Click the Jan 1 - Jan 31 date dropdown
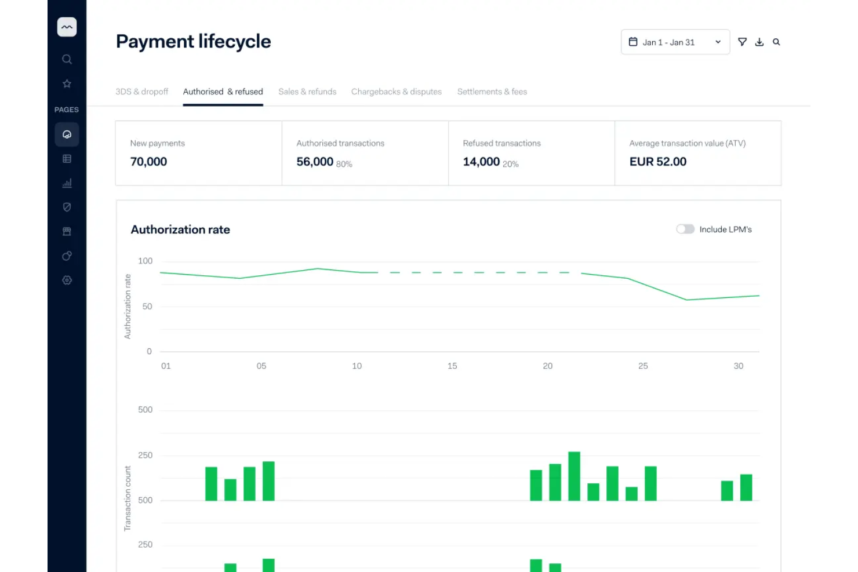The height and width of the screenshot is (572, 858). click(x=675, y=42)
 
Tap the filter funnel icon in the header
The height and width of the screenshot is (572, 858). click(x=742, y=42)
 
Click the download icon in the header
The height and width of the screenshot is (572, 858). click(x=759, y=42)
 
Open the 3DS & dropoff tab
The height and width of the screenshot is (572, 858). click(x=141, y=92)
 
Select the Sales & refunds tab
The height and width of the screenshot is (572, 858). click(x=307, y=92)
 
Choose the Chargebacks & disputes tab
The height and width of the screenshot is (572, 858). click(x=397, y=92)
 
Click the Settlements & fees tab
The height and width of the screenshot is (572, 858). click(x=492, y=92)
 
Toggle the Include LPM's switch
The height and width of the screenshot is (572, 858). click(x=685, y=229)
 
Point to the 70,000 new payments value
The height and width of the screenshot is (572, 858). click(x=148, y=162)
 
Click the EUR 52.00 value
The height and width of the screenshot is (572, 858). click(x=658, y=162)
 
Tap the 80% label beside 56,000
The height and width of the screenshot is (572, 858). click(x=344, y=165)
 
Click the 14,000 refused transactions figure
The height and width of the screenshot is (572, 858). click(x=481, y=162)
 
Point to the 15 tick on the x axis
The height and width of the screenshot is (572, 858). click(x=452, y=366)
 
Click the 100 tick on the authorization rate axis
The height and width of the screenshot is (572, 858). click(x=146, y=261)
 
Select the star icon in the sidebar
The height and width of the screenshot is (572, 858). click(x=67, y=84)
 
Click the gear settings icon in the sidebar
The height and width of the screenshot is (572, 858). click(x=67, y=280)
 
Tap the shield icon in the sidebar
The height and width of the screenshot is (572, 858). click(x=67, y=207)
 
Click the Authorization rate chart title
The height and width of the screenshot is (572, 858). click(x=180, y=229)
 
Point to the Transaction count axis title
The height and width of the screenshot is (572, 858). click(x=128, y=498)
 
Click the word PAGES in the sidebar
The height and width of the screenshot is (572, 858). click(x=67, y=110)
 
